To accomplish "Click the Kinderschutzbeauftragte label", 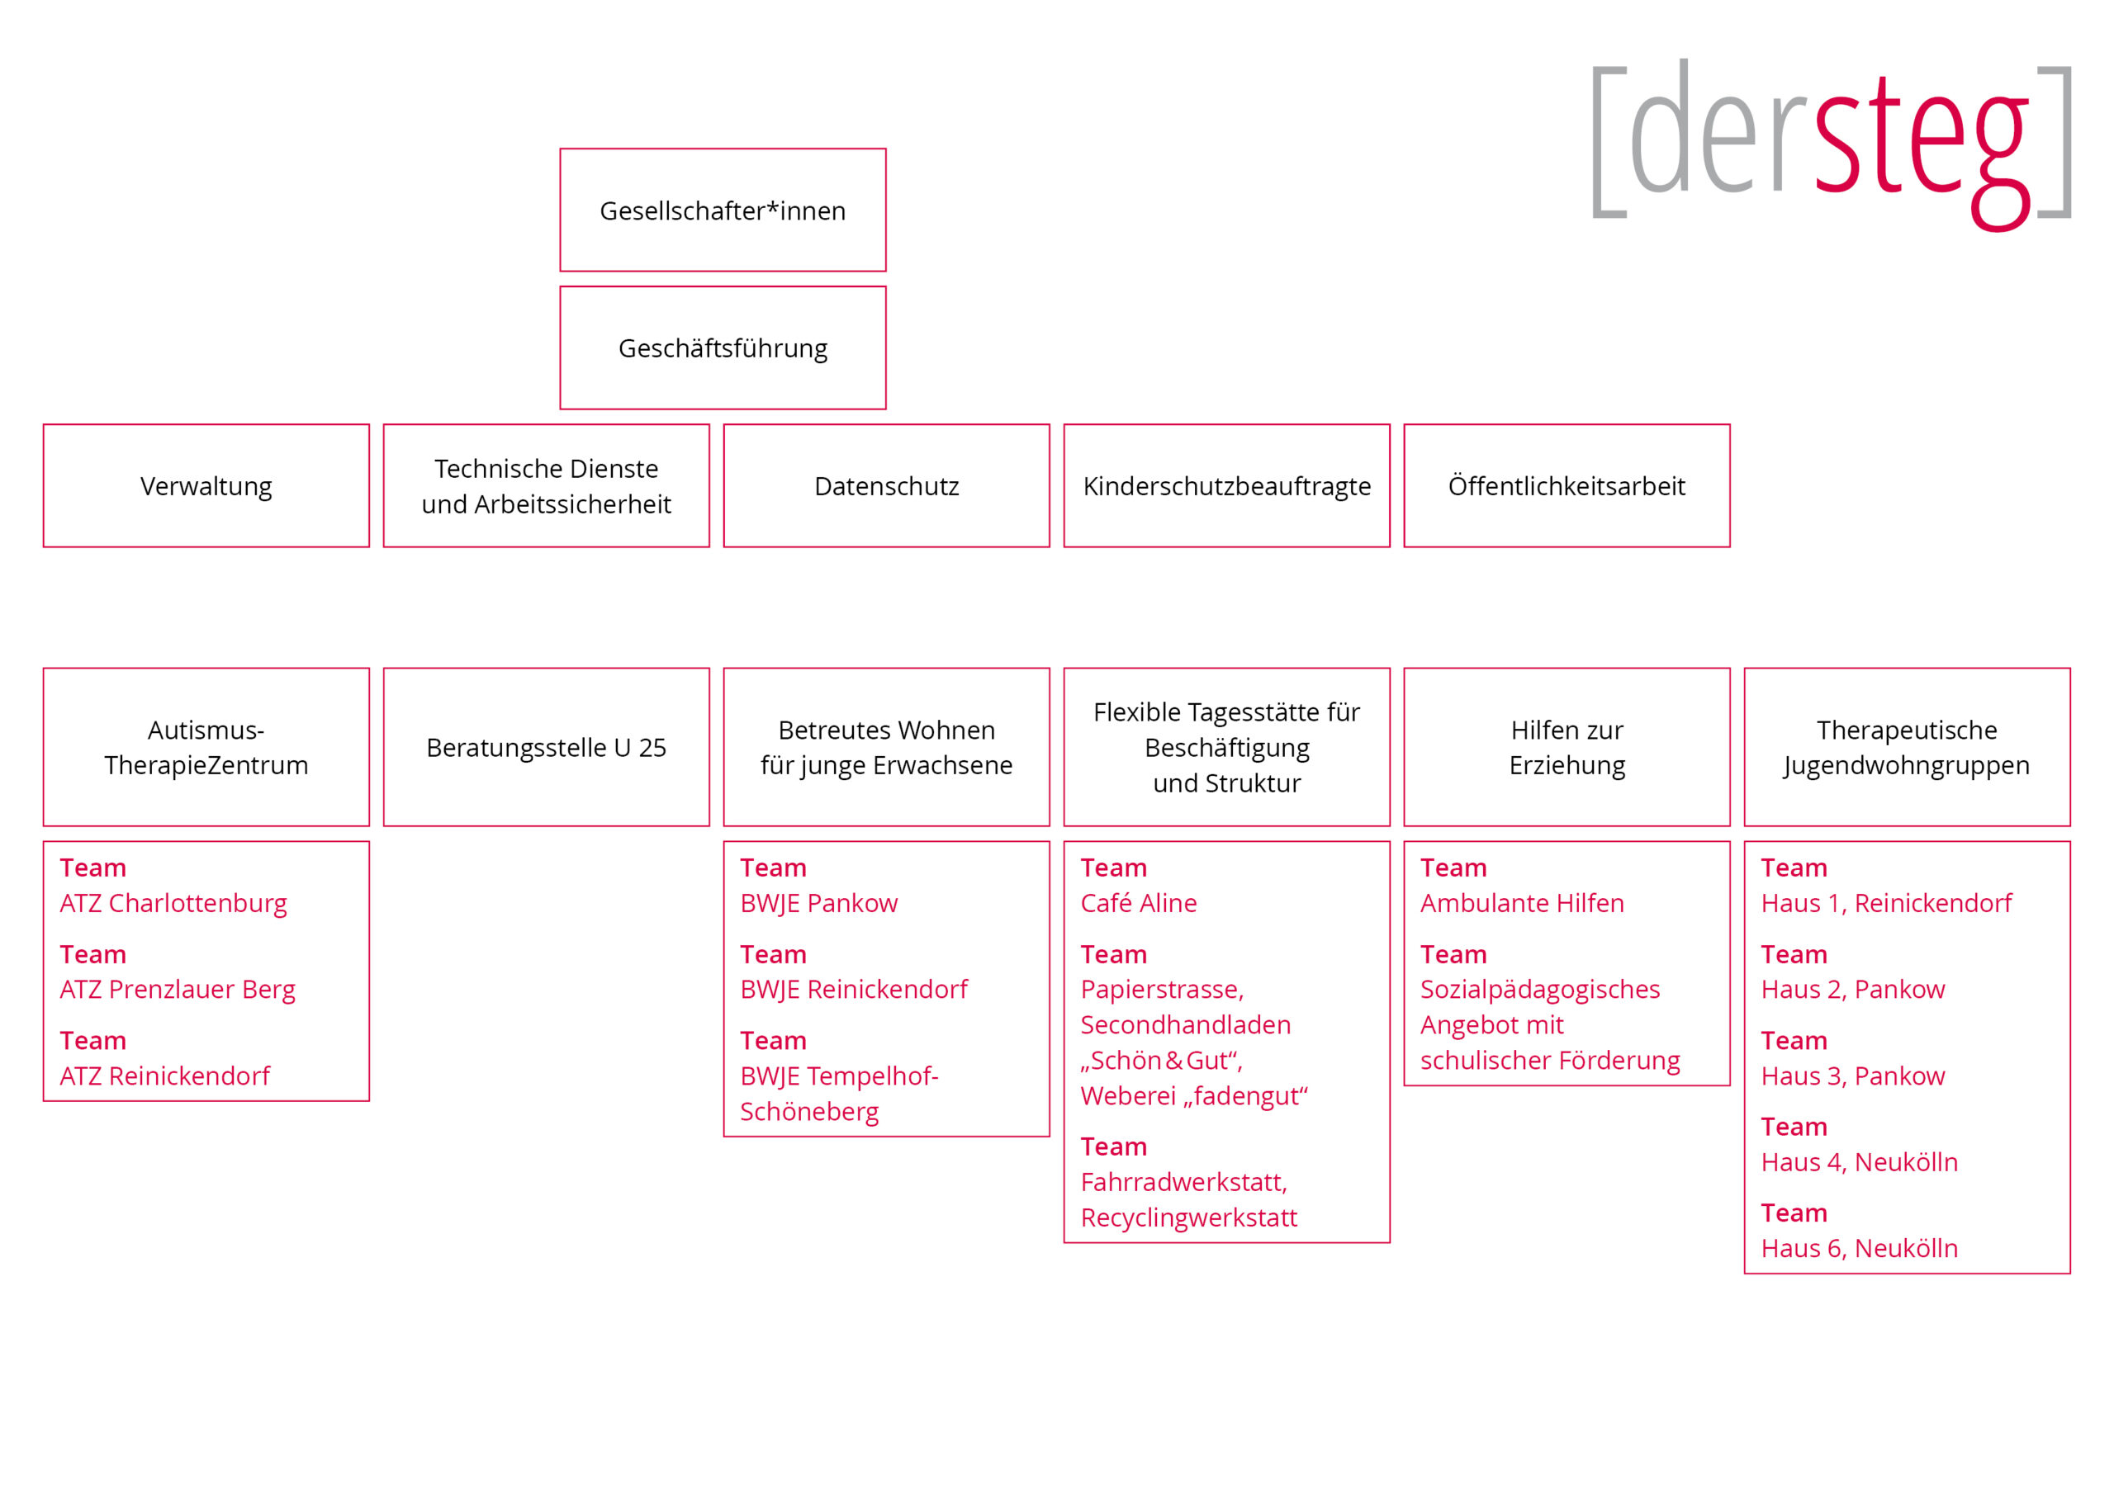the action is (1227, 487).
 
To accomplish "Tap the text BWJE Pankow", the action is (818, 904).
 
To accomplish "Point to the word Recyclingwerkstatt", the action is (1188, 1217).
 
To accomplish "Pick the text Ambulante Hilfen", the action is (1522, 903).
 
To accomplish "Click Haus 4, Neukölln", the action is (1859, 1163).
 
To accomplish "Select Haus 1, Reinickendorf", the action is (1887, 904).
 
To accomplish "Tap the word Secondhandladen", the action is (1186, 1024).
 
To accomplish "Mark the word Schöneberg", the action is (809, 1112).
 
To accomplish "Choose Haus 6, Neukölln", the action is (1859, 1249).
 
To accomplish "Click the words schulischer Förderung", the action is (1550, 1061).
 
